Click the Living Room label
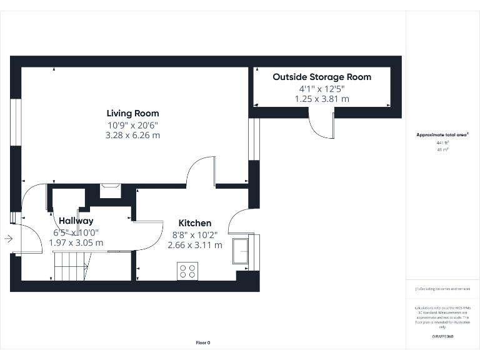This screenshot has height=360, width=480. [x=132, y=113]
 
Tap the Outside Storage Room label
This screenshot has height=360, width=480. [x=321, y=77]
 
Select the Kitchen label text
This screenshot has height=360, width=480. [x=195, y=223]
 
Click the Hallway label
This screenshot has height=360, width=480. [x=76, y=221]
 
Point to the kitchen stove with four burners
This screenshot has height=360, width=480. [x=187, y=271]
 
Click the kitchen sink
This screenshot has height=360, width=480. [x=240, y=251]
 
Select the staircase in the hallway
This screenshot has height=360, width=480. [x=69, y=266]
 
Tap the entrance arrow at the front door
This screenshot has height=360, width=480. [x=8, y=238]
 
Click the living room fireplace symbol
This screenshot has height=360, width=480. [x=111, y=186]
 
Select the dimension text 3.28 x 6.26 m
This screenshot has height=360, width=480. [x=132, y=135]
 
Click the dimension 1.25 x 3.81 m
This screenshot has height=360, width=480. [x=321, y=99]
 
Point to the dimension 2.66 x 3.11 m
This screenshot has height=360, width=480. [x=195, y=245]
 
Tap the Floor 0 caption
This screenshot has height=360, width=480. [x=203, y=342]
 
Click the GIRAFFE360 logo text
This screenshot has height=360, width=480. [x=442, y=337]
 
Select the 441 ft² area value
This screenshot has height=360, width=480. [x=442, y=143]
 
